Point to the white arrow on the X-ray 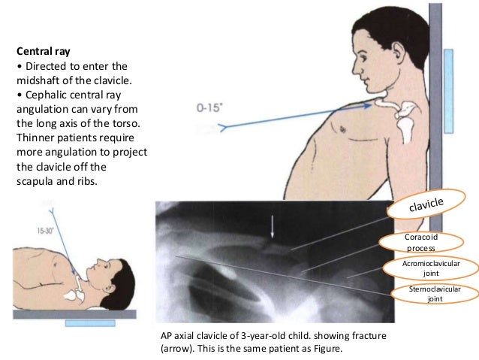pos(273,226)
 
